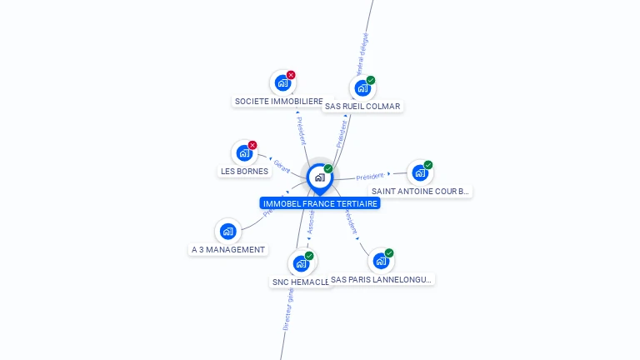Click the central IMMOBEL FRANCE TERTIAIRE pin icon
point(319,177)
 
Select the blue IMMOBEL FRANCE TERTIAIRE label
point(320,203)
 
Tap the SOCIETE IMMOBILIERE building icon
point(282,83)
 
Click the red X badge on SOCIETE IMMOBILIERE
point(291,75)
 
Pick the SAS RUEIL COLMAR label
point(362,107)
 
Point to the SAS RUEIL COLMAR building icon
point(362,87)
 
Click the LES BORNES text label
point(244,172)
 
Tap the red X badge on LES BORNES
point(252,145)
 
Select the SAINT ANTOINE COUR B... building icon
point(420,172)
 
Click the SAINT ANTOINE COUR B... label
point(420,192)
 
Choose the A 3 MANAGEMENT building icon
point(227,232)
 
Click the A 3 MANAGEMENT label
point(228,250)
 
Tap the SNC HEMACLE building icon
point(301,263)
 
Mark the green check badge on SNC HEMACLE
point(309,256)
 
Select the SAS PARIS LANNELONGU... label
point(382,280)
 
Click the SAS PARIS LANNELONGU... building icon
point(381,261)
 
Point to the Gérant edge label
point(282,166)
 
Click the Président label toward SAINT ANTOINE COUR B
point(370,177)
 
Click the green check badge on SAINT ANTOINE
point(428,165)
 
